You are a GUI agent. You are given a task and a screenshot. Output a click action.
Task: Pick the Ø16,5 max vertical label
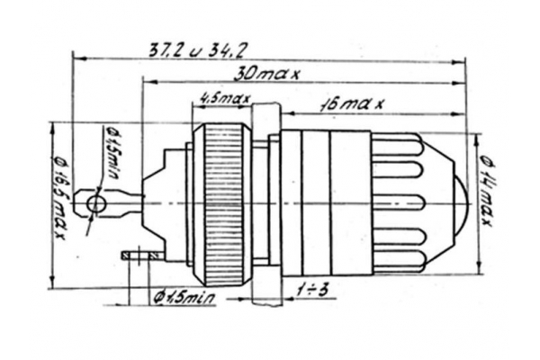[x=59, y=197]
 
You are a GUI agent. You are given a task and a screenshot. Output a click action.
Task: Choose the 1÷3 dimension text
[x=311, y=292]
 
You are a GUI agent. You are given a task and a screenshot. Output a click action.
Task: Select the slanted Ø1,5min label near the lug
[x=112, y=151]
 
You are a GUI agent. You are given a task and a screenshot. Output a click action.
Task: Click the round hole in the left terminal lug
[x=96, y=203]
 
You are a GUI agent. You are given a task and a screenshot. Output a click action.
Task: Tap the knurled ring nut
[x=222, y=204]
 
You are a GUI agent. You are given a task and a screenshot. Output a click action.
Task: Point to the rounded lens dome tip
[x=463, y=203]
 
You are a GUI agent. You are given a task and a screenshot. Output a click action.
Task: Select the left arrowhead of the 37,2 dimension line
[x=79, y=58]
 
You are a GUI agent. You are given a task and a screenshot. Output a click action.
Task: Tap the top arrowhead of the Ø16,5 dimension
[x=53, y=129]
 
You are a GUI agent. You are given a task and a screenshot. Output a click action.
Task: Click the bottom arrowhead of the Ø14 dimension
[x=478, y=268]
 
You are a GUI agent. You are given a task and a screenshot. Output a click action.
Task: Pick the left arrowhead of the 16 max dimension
[x=288, y=113]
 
